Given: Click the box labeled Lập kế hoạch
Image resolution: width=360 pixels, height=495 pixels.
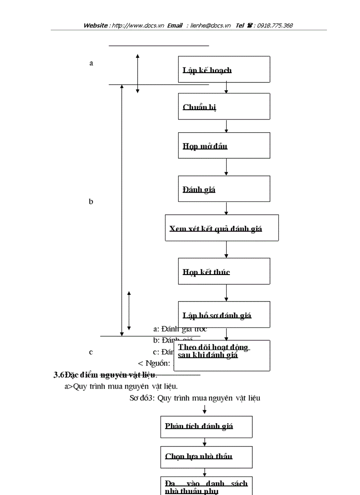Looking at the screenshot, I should point(224,69).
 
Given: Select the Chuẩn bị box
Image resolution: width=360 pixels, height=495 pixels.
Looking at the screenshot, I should point(224,106).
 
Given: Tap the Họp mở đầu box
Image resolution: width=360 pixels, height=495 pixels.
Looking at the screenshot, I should point(224,145).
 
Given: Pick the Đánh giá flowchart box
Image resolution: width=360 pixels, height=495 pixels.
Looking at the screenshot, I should point(224,189).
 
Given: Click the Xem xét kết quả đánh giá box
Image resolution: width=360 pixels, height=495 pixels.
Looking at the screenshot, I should point(222,228).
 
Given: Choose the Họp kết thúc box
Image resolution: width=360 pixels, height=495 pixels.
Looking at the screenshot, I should point(224,271).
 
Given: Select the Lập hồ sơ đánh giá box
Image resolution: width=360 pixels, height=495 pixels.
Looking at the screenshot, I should point(224,314).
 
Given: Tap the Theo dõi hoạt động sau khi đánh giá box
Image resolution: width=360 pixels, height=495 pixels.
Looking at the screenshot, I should point(224,355).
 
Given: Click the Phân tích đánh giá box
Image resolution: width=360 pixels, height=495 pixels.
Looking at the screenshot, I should point(206,426).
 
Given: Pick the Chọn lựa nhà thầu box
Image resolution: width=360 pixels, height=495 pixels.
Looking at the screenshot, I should point(206,457).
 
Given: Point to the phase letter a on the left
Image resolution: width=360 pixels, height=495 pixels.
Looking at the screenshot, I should point(91,63).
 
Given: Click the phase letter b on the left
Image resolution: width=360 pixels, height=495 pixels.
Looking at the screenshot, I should point(91,202).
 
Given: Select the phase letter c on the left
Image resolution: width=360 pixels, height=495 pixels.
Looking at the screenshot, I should point(91,352).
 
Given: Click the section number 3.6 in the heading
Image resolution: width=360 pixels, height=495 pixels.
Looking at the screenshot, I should point(59,375).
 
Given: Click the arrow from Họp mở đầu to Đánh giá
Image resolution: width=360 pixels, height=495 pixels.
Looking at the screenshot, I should point(226,167).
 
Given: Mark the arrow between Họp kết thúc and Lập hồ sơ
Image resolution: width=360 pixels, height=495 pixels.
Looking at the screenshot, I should point(226,293).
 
